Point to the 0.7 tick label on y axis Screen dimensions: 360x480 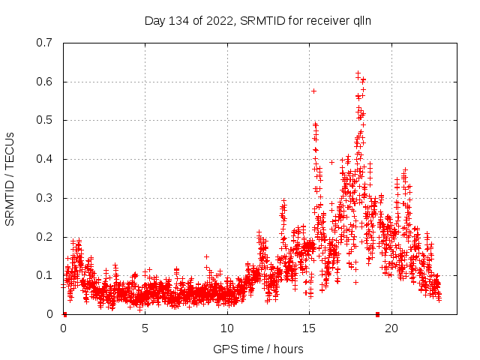coord(44,43)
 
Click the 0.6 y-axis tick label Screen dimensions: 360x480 coord(44,82)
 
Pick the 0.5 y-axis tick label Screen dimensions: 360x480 coord(44,120)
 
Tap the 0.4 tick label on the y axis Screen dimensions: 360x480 coord(44,159)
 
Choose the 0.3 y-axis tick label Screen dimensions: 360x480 coord(44,198)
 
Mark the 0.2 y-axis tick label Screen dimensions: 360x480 coord(44,237)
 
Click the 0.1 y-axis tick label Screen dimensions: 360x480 coord(44,275)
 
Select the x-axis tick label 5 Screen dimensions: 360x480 coord(145,328)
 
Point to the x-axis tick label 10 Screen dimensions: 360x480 coord(227,328)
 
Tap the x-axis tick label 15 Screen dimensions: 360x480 coord(309,328)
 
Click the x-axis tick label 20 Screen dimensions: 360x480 coord(391,328)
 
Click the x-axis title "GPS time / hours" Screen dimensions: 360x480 coord(258,349)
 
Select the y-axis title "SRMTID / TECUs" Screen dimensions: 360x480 coord(10,178)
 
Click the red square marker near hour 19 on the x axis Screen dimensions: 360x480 coord(377,314)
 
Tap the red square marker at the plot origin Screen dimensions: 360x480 coord(64,314)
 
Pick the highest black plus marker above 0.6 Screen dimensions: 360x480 coord(358,73)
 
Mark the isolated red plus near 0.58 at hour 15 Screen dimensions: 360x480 coord(313,91)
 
